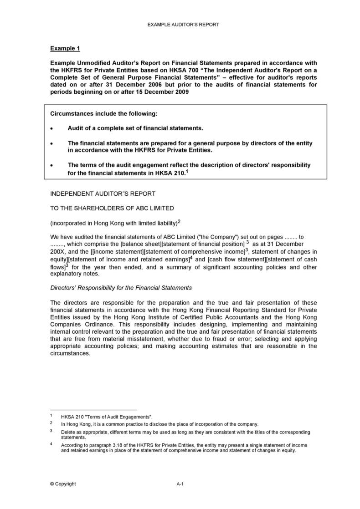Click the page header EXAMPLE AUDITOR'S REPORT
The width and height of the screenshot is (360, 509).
tap(183, 25)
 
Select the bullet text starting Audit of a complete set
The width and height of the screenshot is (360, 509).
tap(135, 128)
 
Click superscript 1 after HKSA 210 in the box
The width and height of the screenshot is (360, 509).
tap(187, 172)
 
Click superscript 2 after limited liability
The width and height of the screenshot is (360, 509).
tap(179, 221)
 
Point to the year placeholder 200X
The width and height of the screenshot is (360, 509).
tap(57, 252)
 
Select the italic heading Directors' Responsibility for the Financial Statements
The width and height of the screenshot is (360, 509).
tap(121, 288)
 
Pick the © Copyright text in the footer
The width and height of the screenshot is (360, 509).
tap(63, 484)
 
